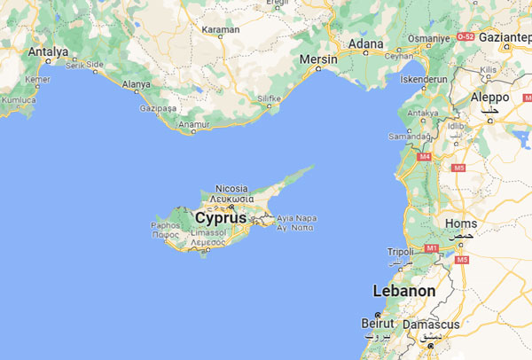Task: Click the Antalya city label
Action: click(48, 52)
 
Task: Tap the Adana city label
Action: click(366, 43)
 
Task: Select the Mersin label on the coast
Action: click(319, 59)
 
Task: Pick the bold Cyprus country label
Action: click(221, 217)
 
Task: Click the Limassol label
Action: click(208, 232)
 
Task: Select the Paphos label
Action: click(165, 225)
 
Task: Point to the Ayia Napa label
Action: click(296, 217)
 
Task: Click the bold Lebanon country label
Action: click(404, 291)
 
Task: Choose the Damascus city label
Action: click(431, 325)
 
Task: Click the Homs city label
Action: click(464, 223)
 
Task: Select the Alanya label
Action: click(136, 84)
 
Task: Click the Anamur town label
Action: click(192, 124)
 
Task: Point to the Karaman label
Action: click(222, 30)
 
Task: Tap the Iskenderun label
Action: click(426, 77)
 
